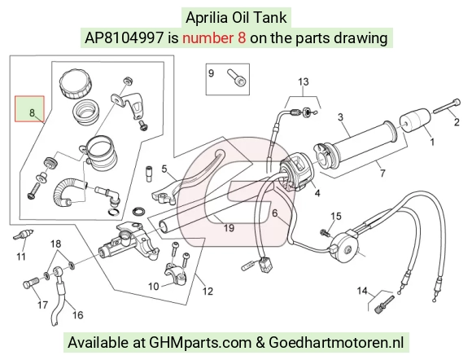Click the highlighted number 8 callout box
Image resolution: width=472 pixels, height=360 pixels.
[x=30, y=109]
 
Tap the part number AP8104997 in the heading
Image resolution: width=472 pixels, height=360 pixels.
[x=125, y=38]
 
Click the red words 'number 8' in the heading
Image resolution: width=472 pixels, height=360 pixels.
[x=214, y=38]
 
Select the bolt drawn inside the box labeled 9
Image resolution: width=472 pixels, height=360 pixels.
[x=237, y=77]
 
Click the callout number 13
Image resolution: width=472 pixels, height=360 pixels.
[x=304, y=81]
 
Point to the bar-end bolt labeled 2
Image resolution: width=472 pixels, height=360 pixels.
[x=447, y=107]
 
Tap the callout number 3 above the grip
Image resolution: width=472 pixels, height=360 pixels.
[x=340, y=117]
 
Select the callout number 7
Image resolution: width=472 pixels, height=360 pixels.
[x=382, y=173]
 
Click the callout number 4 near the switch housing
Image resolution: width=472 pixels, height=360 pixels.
[x=317, y=193]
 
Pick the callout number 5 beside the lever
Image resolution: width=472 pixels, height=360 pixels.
[x=164, y=169]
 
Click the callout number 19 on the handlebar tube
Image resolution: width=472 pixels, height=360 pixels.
[x=229, y=228]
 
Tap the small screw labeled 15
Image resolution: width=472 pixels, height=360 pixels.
[x=325, y=232]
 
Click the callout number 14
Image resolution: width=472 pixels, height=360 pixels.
[x=362, y=291]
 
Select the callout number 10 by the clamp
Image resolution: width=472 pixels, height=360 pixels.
[x=154, y=286]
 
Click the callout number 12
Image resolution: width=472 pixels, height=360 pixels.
[x=208, y=292]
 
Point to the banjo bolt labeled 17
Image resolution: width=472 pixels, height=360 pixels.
[x=30, y=283]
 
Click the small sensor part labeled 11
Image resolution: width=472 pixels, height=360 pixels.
[x=22, y=235]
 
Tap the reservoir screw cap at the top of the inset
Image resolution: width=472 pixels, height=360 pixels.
[x=75, y=83]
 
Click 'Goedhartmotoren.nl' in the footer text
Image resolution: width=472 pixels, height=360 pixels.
[x=336, y=343]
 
